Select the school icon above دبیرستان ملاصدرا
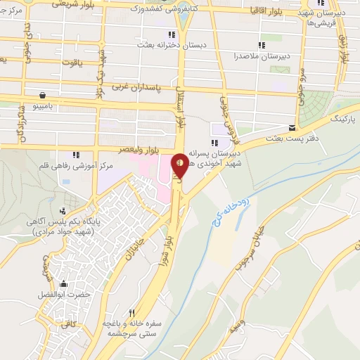262,45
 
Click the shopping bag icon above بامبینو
43,94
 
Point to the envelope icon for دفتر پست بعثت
292,127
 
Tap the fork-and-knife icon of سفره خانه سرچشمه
131,314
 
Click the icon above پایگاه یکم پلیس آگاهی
64,210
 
